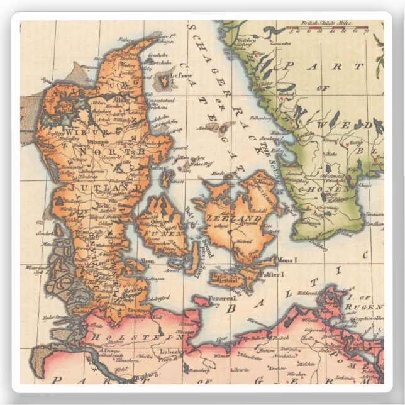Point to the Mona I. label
pyautogui.click(x=293, y=258)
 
